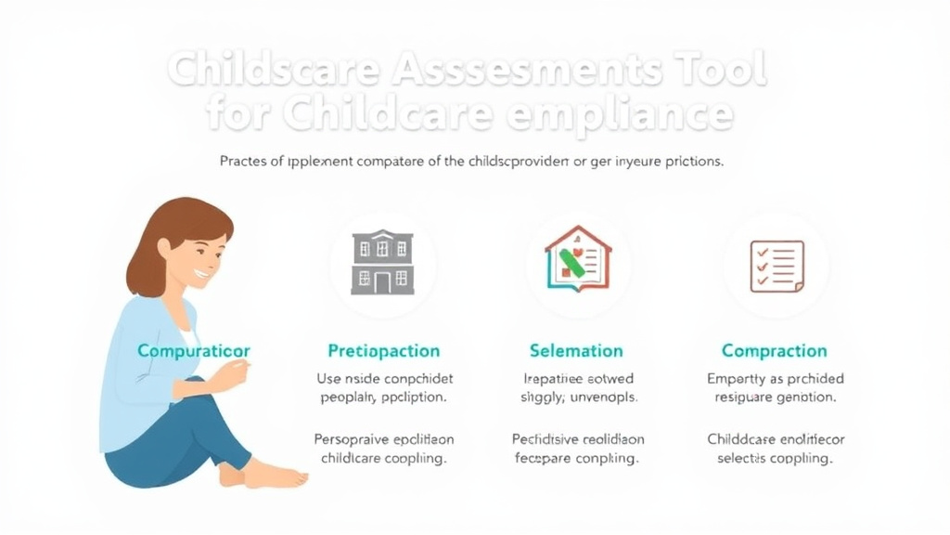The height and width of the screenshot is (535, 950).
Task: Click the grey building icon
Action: [382, 262]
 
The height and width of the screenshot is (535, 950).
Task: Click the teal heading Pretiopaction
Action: [384, 351]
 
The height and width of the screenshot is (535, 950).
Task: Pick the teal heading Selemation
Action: [576, 351]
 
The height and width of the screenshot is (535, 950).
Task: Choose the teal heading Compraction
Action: [774, 351]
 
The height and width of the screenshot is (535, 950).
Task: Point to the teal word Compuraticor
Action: [193, 351]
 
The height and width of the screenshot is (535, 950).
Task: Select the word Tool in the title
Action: [715, 71]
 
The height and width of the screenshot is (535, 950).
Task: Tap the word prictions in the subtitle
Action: [690, 161]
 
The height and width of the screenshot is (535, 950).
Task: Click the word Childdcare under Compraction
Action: [741, 439]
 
